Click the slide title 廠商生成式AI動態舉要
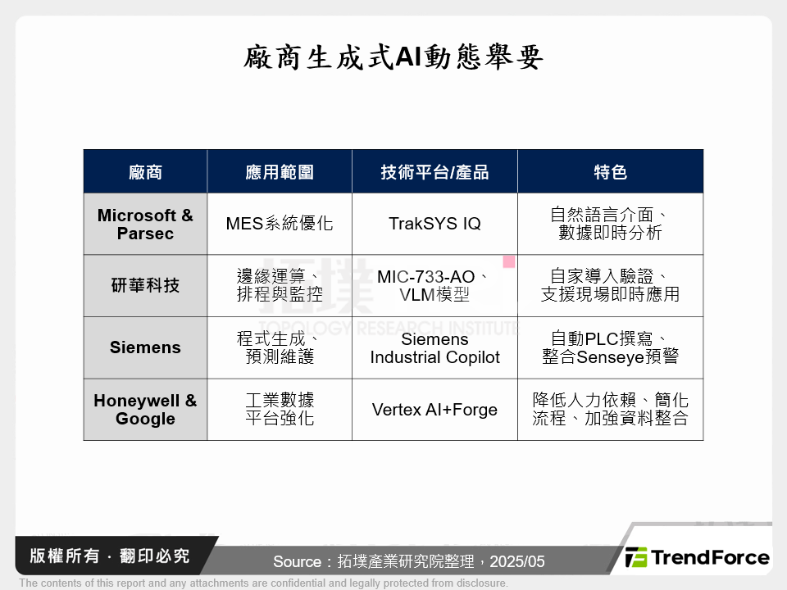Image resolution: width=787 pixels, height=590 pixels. [x=393, y=57]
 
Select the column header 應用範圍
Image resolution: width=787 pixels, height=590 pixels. [x=280, y=172]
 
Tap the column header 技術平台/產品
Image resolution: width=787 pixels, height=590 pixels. [x=434, y=172]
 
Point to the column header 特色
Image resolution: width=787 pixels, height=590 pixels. [x=610, y=172]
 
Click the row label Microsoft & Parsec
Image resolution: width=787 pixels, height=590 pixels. [x=145, y=225]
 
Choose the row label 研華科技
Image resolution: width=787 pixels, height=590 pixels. [x=145, y=285]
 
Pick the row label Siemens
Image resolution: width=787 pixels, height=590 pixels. [x=145, y=347]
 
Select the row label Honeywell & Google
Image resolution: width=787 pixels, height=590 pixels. [x=145, y=410]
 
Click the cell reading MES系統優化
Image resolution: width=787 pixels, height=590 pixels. [x=280, y=223]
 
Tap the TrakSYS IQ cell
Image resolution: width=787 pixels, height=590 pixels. [x=434, y=223]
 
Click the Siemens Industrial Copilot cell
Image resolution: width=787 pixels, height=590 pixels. [x=434, y=348]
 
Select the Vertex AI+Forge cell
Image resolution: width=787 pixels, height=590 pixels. [x=434, y=410]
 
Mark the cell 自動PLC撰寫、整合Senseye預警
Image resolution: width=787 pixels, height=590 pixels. [x=610, y=347]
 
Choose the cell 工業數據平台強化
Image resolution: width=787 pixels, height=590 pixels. [x=280, y=409]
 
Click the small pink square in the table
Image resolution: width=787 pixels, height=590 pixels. [x=509, y=261]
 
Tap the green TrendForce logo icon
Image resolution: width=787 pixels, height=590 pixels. [x=636, y=557]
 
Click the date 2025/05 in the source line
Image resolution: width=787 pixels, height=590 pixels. [x=517, y=561]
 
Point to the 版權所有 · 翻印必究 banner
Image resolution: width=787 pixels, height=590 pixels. [x=109, y=556]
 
